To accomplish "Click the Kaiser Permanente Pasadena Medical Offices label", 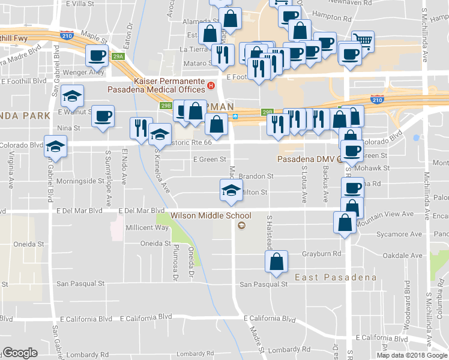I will pos(155,85).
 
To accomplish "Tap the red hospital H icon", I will pos(211,85).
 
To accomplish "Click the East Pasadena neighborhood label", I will pos(336,277).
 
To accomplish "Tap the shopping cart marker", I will pos(363,41).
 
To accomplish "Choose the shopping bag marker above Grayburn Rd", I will pos(276,262).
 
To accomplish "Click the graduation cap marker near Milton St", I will pos(231,191).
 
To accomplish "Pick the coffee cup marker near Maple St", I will pos(97,56).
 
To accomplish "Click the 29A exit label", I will pos(119,57).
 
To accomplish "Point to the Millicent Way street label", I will pos(147,228).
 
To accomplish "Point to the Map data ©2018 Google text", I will pos(412,355).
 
